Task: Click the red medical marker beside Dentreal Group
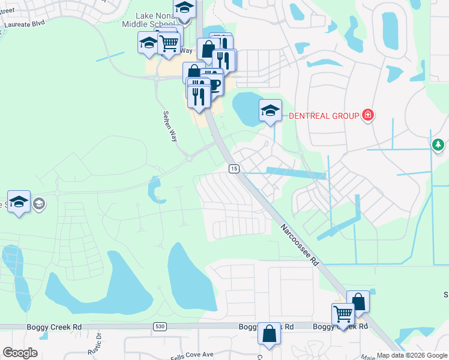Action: pyautogui.click(x=368, y=115)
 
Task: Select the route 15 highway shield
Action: pyautogui.click(x=234, y=169)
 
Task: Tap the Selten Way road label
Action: pyautogui.click(x=170, y=126)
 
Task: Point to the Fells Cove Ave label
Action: pyautogui.click(x=191, y=355)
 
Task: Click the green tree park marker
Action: pyautogui.click(x=439, y=145)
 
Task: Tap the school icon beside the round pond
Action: pyautogui.click(x=270, y=110)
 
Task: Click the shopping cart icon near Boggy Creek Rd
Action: pyautogui.click(x=343, y=313)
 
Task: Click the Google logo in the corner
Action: pyautogui.click(x=20, y=353)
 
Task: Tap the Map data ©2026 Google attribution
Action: pyautogui.click(x=412, y=355)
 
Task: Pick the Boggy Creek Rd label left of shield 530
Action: pyautogui.click(x=54, y=327)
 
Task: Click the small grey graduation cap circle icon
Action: pyautogui.click(x=39, y=203)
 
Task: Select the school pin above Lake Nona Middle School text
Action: pyautogui.click(x=184, y=9)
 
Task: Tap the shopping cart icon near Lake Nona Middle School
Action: pyautogui.click(x=169, y=43)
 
